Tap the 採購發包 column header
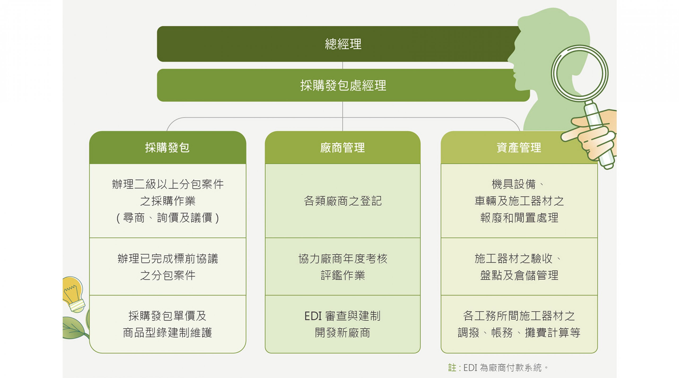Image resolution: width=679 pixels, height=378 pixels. [x=168, y=147]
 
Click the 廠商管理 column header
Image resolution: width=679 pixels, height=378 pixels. [x=343, y=147]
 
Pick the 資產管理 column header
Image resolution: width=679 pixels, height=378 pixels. [x=519, y=147]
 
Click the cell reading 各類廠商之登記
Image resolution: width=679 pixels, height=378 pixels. [x=343, y=201]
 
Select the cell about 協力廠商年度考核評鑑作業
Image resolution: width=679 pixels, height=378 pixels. [x=343, y=267]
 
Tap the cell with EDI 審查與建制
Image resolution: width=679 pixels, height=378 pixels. [x=343, y=324]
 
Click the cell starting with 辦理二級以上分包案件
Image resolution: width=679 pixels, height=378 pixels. [x=168, y=201]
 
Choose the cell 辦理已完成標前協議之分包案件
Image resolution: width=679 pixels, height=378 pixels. [x=168, y=267]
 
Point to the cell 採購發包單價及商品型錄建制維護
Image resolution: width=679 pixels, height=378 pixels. [x=168, y=324]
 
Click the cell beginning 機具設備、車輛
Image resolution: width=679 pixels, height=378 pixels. [x=519, y=201]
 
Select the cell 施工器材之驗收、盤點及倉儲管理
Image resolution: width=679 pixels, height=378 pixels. [x=519, y=267]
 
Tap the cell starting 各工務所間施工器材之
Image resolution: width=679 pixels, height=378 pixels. [x=519, y=324]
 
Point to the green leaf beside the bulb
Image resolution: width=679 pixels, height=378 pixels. [x=74, y=328]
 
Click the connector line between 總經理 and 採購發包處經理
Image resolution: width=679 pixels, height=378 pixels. [x=343, y=65]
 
